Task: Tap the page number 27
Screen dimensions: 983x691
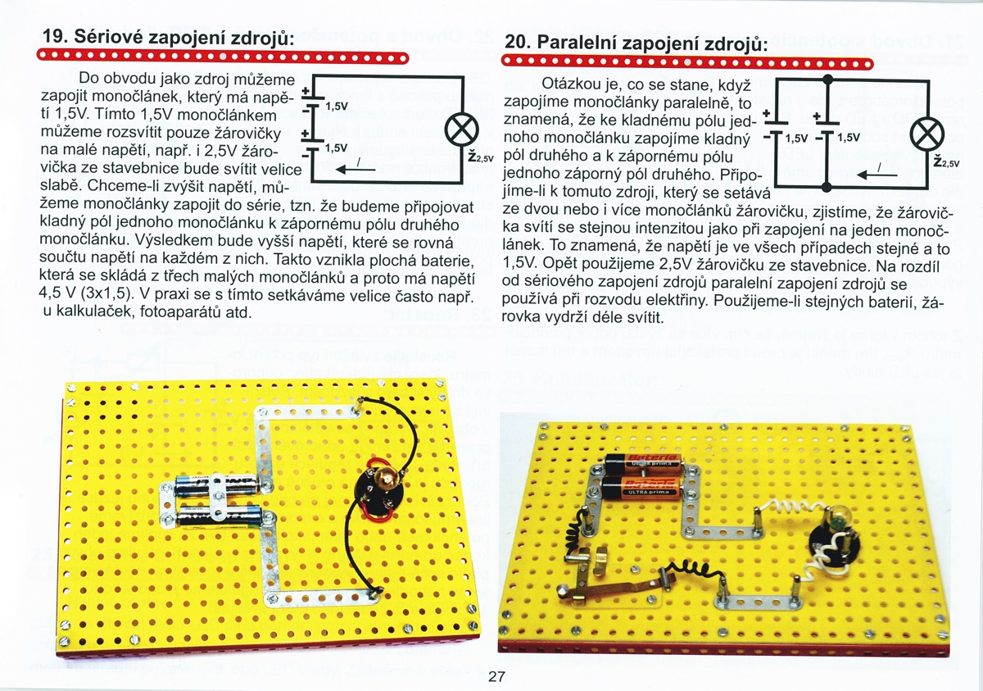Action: pos(496,676)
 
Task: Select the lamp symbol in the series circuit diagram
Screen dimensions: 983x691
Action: pos(462,130)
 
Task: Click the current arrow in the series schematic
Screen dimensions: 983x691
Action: pos(358,169)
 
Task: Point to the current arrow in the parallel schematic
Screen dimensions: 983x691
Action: pos(877,175)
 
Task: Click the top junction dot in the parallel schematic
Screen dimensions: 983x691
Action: pos(827,80)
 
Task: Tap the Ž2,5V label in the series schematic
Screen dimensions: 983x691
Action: pos(481,157)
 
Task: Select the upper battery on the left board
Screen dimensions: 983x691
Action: pos(217,484)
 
